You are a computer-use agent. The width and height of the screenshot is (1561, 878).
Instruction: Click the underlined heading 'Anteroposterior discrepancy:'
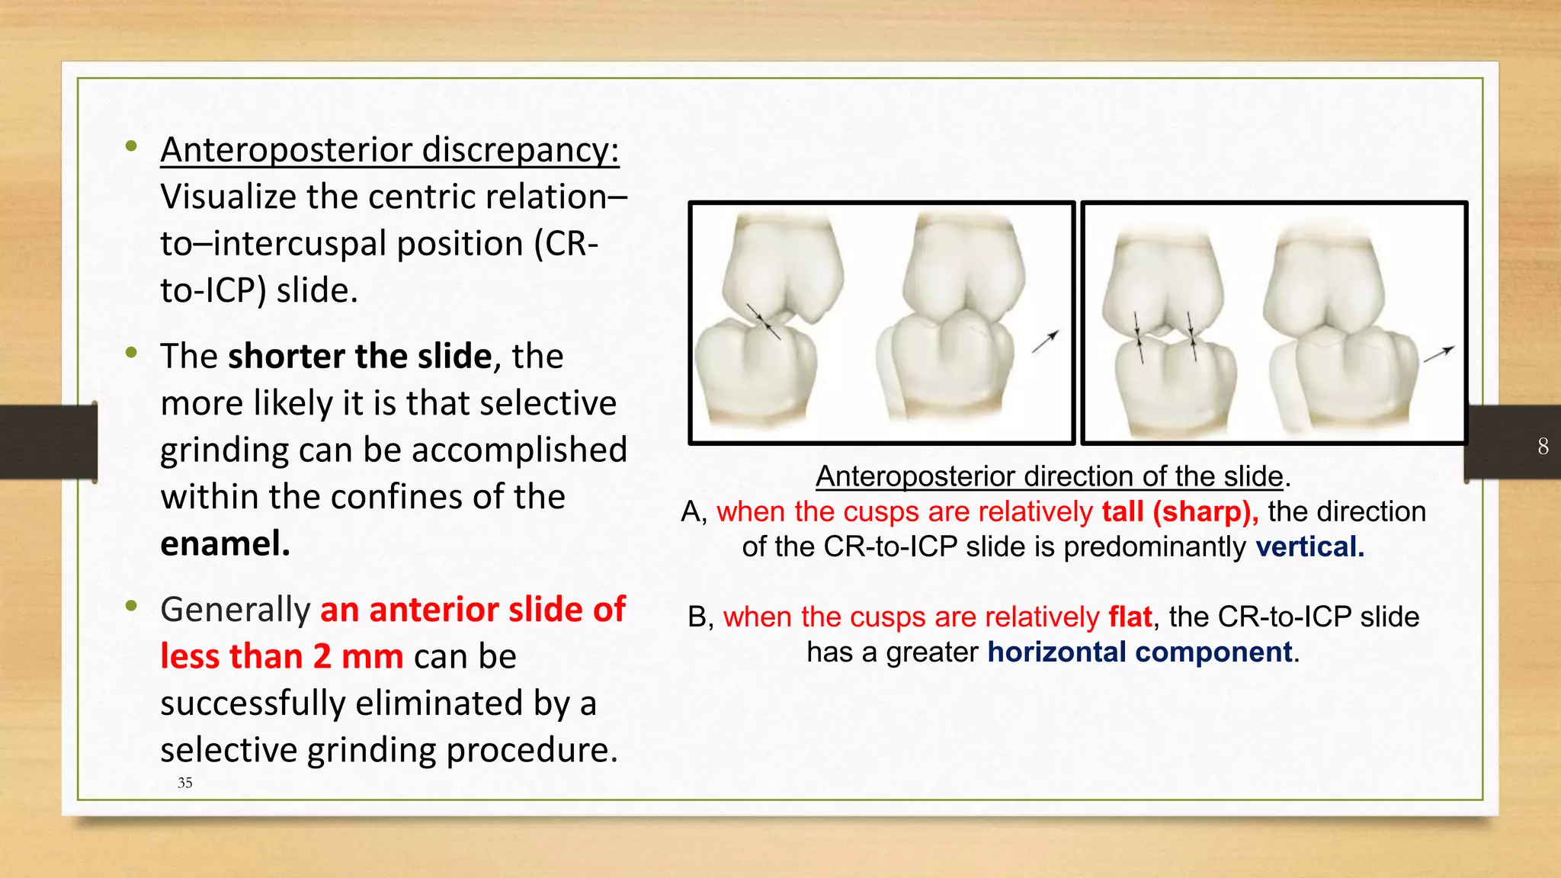point(389,150)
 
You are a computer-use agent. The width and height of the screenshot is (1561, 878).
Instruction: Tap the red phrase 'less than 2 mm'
point(281,656)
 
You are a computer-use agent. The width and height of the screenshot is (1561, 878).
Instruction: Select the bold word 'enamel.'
point(225,544)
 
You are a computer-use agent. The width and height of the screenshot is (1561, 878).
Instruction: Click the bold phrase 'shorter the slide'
point(360,357)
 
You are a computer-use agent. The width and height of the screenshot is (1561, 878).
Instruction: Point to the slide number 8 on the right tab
point(1543,446)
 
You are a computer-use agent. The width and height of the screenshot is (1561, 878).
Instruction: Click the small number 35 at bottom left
point(184,783)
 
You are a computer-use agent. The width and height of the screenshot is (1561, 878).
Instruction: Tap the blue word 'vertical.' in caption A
point(1309,547)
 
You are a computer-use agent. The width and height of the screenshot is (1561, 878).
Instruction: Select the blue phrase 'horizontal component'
point(1139,652)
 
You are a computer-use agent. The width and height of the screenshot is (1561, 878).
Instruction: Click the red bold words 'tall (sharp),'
point(1180,511)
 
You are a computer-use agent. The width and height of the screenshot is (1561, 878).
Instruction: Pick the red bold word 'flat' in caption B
point(1130,617)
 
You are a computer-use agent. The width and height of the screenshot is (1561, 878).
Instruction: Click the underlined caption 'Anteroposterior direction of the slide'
point(1050,476)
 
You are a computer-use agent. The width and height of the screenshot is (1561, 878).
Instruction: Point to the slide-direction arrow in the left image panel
point(1046,342)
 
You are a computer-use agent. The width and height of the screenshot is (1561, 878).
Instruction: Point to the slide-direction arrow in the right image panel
point(1439,354)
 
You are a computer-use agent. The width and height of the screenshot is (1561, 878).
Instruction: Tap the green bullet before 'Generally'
point(132,607)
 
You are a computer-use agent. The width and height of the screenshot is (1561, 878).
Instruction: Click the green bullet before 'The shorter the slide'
point(132,353)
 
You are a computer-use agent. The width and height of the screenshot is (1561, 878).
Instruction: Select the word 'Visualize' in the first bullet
point(228,197)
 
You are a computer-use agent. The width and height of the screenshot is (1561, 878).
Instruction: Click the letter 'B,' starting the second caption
point(700,617)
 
